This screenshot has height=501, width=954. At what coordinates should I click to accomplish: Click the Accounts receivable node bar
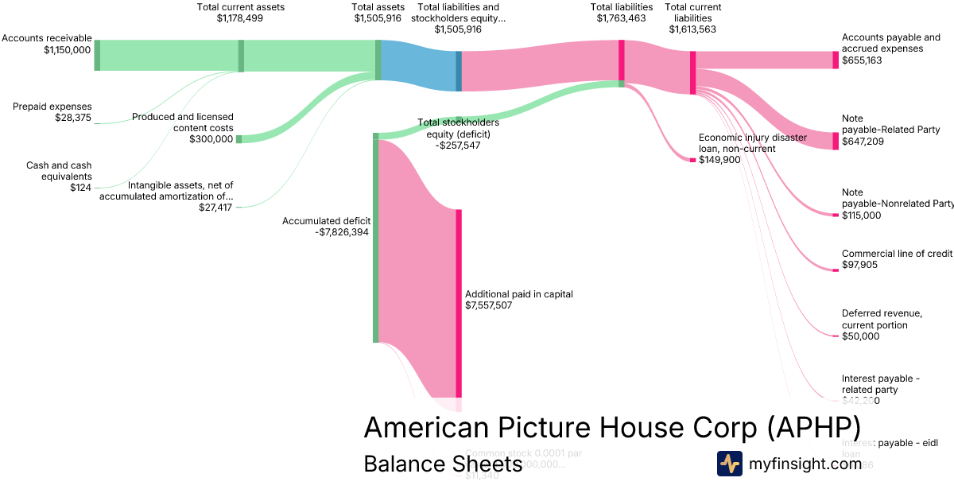(97, 55)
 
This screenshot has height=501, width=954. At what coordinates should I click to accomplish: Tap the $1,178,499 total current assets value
(239, 18)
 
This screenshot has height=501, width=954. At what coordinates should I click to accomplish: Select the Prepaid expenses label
(52, 107)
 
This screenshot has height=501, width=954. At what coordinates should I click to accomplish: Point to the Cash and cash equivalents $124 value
(79, 188)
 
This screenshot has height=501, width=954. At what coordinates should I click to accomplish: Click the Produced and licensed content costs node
(238, 139)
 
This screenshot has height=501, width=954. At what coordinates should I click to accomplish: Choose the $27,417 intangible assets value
(215, 208)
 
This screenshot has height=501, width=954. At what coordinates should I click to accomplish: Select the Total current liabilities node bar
(693, 72)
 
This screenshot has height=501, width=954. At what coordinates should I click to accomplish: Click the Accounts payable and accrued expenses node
(836, 60)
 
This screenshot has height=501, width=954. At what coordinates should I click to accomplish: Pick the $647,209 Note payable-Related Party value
(862, 142)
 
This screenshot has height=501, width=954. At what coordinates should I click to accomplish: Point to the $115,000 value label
(861, 216)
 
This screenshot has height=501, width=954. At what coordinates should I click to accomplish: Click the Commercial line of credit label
(897, 254)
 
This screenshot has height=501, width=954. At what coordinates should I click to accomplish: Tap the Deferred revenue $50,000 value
(860, 336)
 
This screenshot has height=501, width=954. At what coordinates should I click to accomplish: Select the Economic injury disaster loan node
(692, 160)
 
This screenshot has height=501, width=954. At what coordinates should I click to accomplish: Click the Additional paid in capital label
(518, 294)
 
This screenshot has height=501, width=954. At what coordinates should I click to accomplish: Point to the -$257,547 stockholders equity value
(458, 146)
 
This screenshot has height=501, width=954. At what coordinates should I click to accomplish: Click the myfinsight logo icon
(730, 464)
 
